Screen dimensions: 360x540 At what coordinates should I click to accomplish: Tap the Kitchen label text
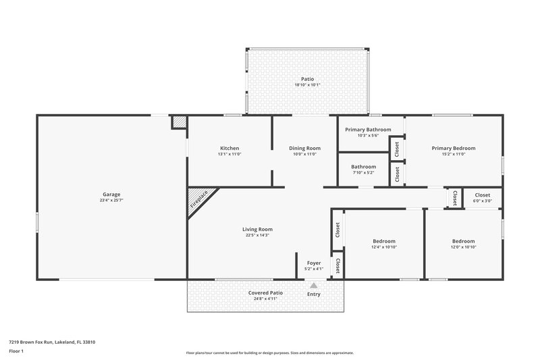[x=230, y=148]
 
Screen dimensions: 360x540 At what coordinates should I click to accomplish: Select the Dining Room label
[x=304, y=148]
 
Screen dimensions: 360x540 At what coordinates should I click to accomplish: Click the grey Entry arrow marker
[x=313, y=286]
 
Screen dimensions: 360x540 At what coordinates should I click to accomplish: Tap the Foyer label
[x=314, y=263]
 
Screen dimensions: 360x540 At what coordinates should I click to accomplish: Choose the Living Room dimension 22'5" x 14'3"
[x=257, y=235]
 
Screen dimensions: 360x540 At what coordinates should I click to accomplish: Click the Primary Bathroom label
[x=368, y=129]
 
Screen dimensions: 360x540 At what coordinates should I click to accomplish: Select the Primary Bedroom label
[x=454, y=148]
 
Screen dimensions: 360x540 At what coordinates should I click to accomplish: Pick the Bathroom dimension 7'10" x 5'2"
[x=364, y=173]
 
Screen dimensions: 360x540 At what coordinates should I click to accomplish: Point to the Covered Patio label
[x=265, y=292]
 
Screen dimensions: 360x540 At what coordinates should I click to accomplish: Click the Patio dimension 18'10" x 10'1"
[x=308, y=85]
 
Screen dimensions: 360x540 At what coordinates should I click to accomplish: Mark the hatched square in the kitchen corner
[x=179, y=122]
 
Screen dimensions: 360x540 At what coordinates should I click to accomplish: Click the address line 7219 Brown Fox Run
[x=52, y=342]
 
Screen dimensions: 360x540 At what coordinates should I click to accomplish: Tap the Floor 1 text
[x=17, y=352]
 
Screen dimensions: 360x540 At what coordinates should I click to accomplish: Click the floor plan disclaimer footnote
[x=269, y=353]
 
